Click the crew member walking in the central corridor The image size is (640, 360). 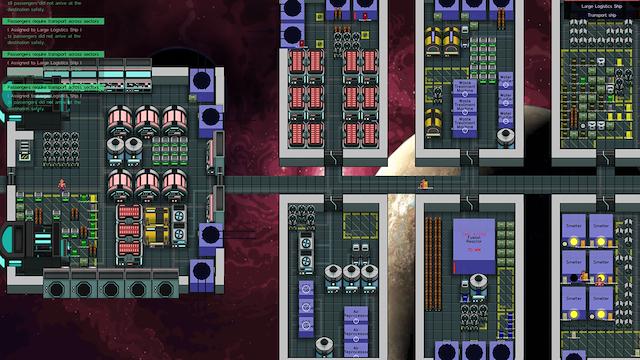tap(423, 183)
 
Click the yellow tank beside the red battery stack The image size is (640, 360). tap(157, 220)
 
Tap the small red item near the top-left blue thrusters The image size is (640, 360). tap(302, 43)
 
